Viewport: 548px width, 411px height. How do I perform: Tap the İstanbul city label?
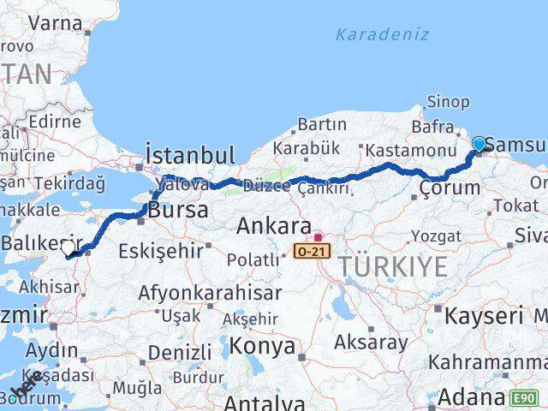click(x=190, y=155)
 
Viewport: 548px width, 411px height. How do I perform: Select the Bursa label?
click(x=178, y=210)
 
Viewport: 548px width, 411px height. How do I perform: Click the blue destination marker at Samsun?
click(x=479, y=144)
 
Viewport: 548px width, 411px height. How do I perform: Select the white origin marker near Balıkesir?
click(x=68, y=247)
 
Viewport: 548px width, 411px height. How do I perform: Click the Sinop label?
click(x=448, y=103)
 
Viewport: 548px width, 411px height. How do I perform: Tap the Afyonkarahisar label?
click(x=210, y=292)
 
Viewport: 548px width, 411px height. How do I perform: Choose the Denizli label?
click(x=179, y=352)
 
